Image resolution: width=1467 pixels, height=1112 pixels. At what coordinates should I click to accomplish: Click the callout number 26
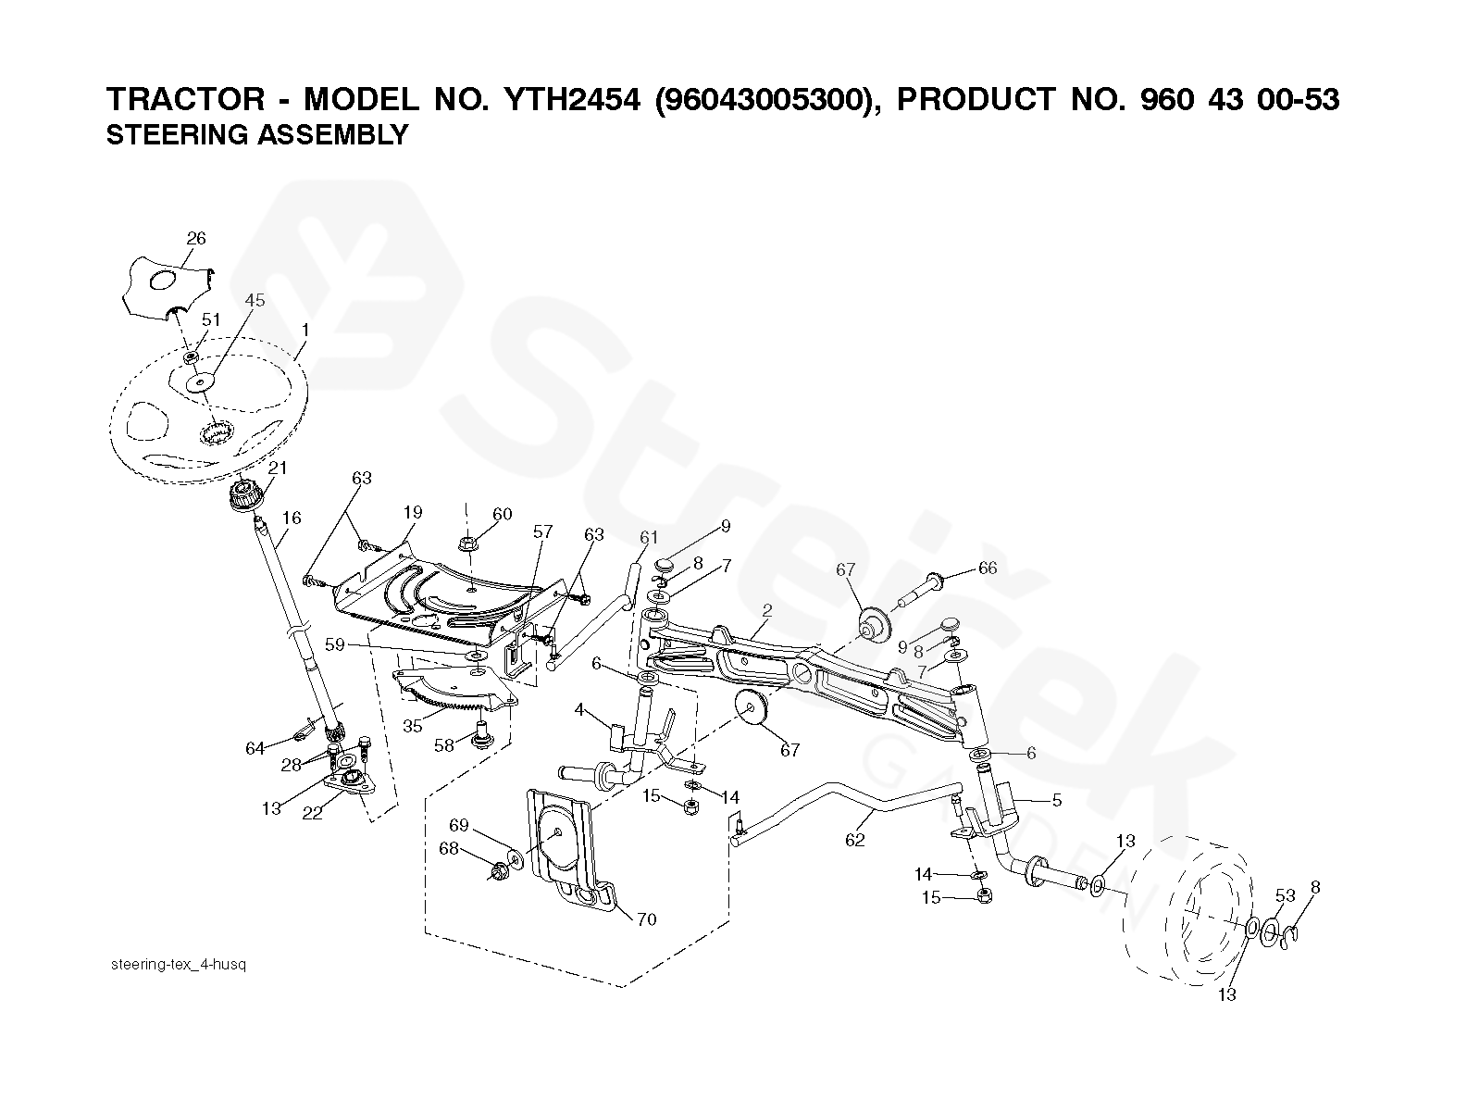pos(196,238)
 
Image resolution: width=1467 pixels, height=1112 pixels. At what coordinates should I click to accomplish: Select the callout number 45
pos(255,300)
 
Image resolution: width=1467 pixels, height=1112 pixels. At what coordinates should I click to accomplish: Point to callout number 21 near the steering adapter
pos(278,468)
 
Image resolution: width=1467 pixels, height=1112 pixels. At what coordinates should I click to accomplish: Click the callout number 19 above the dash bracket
pos(413,513)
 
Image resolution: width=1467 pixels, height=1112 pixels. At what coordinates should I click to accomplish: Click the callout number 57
pos(542,531)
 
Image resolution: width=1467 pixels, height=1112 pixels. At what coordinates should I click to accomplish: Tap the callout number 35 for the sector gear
pos(413,727)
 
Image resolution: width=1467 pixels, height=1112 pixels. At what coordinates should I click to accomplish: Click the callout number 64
pos(255,748)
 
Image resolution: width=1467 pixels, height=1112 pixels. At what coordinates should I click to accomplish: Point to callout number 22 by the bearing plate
pos(312,813)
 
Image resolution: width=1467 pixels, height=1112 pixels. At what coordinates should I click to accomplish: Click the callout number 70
pos(646,919)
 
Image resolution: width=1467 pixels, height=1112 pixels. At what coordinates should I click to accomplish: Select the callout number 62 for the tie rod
pos(855,840)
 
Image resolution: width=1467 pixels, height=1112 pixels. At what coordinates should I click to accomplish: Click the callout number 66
pos(988,568)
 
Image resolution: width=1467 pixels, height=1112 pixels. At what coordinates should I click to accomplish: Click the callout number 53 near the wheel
pos(1286,895)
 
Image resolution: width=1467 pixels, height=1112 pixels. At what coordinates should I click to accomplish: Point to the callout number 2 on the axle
pos(767,610)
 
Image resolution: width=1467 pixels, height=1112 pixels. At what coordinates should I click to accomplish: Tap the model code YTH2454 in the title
pos(572,100)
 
